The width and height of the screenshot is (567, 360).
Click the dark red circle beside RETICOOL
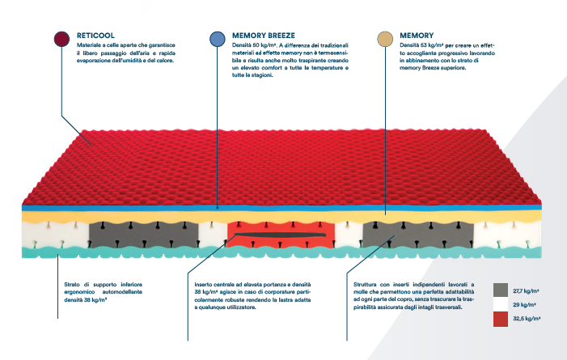click(61, 39)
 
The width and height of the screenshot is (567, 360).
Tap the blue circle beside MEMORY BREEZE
click(217, 39)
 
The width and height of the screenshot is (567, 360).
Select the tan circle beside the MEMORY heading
click(385, 39)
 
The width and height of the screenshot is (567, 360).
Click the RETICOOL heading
click(95, 36)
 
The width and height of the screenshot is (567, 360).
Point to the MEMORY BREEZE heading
click(264, 36)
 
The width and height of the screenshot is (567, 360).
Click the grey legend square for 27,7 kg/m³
click(499, 289)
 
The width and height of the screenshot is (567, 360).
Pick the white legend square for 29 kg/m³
click(499, 305)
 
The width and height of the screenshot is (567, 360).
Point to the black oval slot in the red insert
click(279, 237)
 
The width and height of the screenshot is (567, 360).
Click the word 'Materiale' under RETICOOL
click(88, 47)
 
